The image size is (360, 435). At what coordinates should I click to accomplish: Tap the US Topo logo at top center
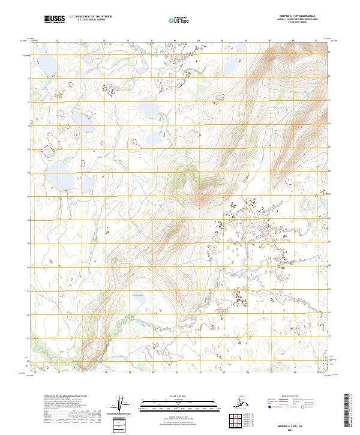pos(179,20)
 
